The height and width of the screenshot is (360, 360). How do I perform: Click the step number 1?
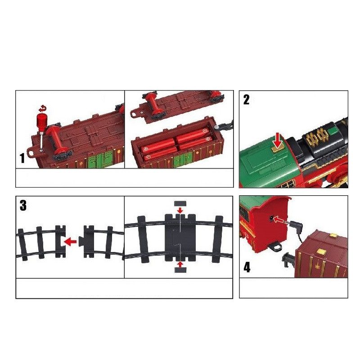22,158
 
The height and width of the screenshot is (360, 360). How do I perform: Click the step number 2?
246,100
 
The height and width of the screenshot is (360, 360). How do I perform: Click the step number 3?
23,206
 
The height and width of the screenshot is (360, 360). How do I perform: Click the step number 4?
247,267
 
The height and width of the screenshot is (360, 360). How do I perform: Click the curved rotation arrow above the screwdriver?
42,108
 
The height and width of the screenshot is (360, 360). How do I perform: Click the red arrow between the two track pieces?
70,242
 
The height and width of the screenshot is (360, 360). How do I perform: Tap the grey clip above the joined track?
180,203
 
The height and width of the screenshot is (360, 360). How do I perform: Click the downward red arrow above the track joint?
180,210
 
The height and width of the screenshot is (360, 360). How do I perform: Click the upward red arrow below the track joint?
180,264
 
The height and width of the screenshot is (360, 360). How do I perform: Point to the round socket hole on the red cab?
272,217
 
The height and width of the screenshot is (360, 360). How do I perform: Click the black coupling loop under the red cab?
275,247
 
